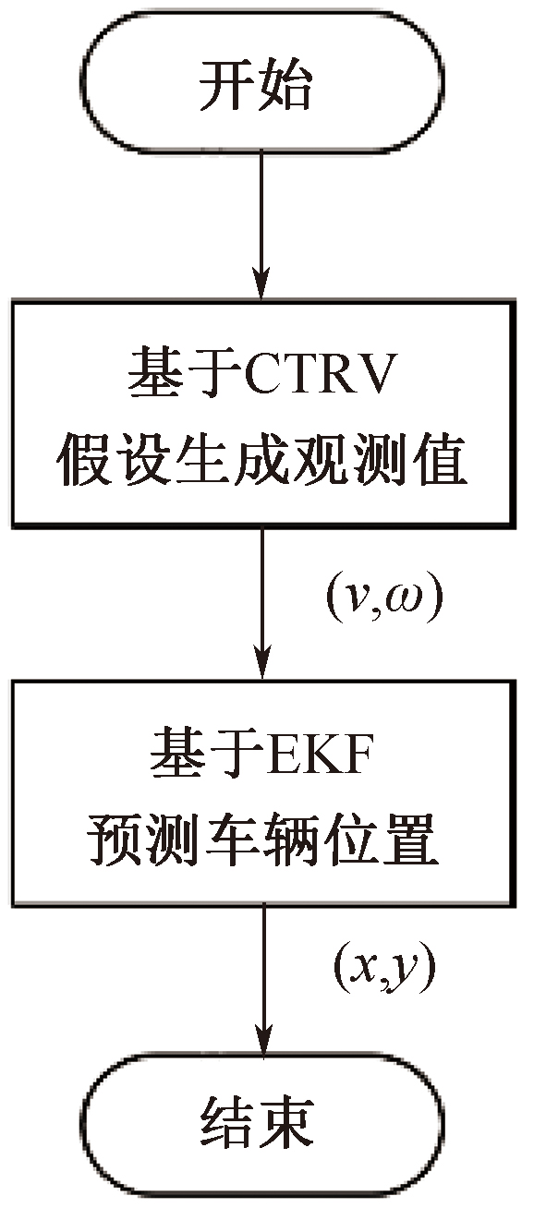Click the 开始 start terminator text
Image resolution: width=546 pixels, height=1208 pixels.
[256, 86]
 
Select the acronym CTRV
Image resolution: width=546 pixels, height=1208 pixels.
[320, 373]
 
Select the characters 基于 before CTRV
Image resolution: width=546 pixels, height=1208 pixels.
[185, 373]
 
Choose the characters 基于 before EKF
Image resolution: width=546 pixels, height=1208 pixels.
[206, 753]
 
